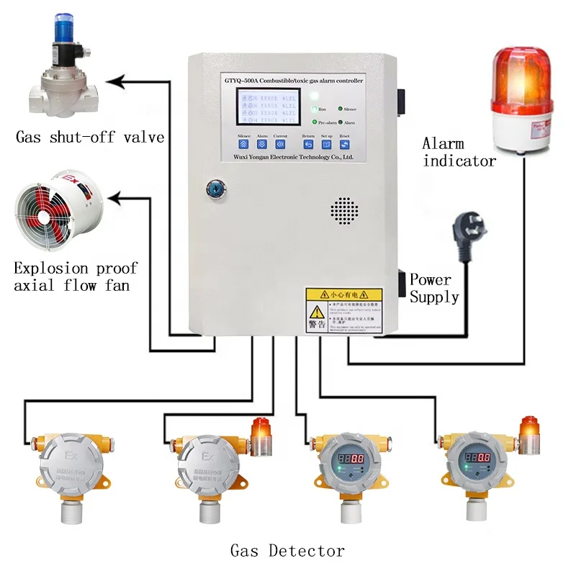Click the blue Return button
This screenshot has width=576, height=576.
[308, 144]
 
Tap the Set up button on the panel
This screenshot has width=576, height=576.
[326, 144]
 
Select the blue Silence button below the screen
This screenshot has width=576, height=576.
[243, 144]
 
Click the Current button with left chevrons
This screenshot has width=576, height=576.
[280, 144]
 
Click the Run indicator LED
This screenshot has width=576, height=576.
[315, 109]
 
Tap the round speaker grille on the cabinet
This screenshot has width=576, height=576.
[344, 210]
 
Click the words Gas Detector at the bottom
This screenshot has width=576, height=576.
[287, 552]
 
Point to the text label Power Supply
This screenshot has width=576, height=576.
[433, 288]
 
